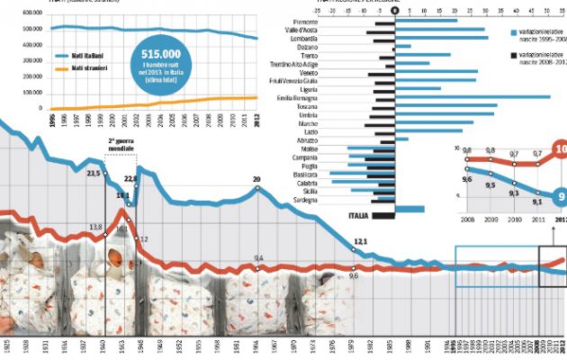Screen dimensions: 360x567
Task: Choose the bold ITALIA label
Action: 360,215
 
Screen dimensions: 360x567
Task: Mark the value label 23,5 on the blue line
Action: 93,172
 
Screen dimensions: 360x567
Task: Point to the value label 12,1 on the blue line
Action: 360,241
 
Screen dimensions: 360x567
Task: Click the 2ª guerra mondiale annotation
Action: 121,147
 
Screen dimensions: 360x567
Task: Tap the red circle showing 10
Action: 560,149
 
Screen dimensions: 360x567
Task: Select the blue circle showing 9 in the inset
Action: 559,198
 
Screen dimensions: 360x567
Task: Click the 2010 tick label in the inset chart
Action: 512,219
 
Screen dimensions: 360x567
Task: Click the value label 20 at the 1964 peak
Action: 256,179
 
